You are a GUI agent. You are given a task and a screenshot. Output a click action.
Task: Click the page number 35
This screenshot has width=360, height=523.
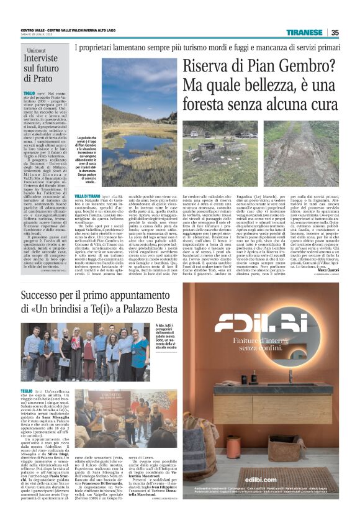pos(335,32)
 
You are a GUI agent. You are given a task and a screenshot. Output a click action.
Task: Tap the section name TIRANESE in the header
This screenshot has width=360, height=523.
pos(304,32)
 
